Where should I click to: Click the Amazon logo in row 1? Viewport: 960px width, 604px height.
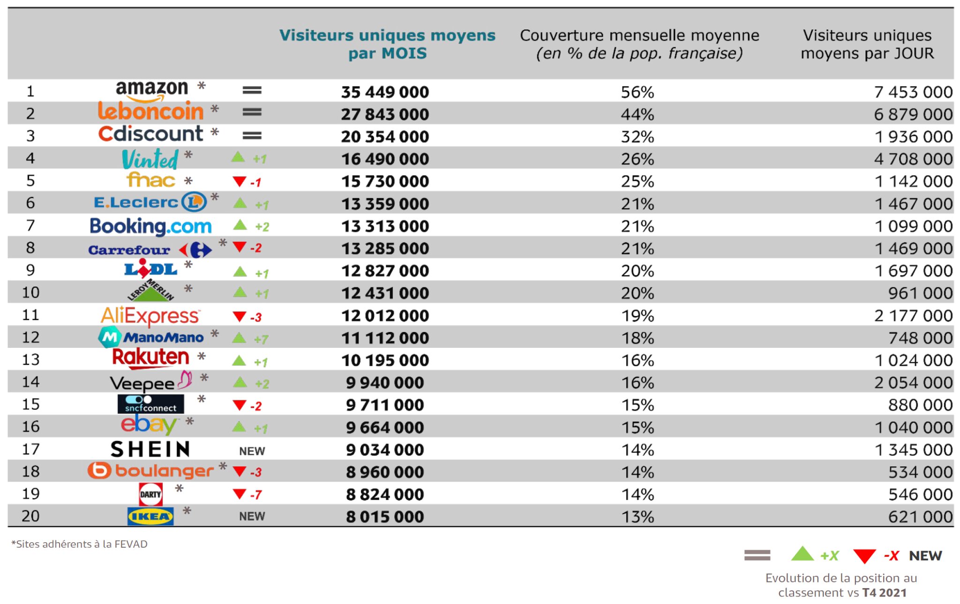pyautogui.click(x=151, y=90)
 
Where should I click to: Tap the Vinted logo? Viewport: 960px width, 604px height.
pyautogui.click(x=150, y=159)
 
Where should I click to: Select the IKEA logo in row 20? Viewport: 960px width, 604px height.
pyautogui.click(x=150, y=516)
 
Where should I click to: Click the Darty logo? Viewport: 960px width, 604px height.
pyautogui.click(x=151, y=494)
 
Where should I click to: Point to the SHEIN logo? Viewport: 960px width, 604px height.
pyautogui.click(x=150, y=449)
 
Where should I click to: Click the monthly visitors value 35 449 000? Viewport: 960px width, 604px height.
pyautogui.click(x=385, y=92)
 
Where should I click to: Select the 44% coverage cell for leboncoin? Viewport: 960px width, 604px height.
pyautogui.click(x=637, y=114)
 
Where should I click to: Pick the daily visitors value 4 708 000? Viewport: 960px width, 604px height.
pyautogui.click(x=913, y=159)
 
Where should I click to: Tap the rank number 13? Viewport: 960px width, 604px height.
pyautogui.click(x=31, y=360)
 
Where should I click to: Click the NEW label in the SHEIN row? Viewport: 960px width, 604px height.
pyautogui.click(x=252, y=451)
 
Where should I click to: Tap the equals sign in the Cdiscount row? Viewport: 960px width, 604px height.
pyautogui.click(x=252, y=136)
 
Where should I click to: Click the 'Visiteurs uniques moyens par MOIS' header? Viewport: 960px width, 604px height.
pyautogui.click(x=387, y=44)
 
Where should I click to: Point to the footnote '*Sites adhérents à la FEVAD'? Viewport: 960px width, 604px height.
pyautogui.click(x=79, y=544)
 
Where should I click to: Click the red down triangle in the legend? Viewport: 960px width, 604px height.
pyautogui.click(x=864, y=556)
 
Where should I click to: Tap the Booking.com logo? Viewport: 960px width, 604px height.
pyautogui.click(x=150, y=226)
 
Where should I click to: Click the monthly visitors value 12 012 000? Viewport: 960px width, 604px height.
pyautogui.click(x=385, y=316)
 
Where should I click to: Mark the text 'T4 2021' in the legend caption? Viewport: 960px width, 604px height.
pyautogui.click(x=884, y=593)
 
